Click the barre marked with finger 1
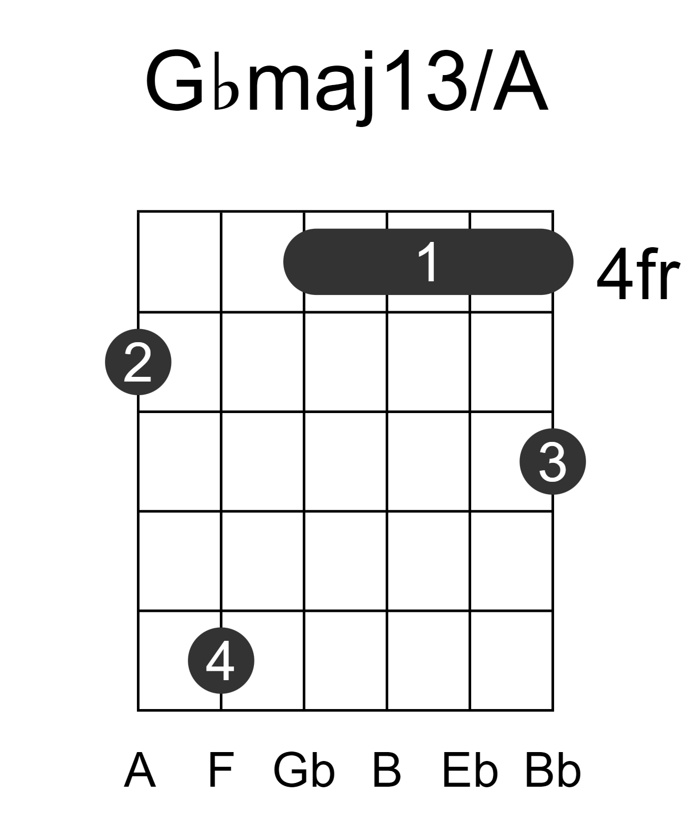(x=428, y=261)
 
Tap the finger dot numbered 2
(x=138, y=362)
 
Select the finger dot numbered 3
(x=553, y=461)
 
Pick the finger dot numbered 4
(x=221, y=660)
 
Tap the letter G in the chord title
(x=176, y=80)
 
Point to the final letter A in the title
(x=520, y=80)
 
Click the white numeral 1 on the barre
(x=428, y=261)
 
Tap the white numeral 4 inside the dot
(x=220, y=660)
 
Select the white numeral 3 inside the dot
(x=552, y=461)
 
